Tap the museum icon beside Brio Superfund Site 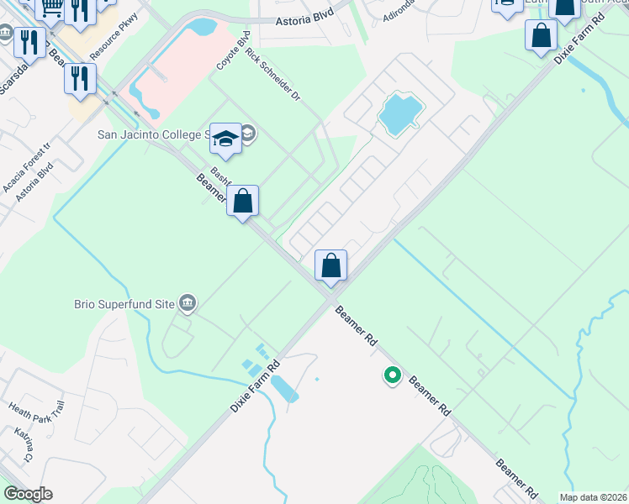click(x=188, y=302)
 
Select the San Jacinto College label click(x=152, y=134)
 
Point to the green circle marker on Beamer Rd click(x=392, y=375)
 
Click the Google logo click(x=28, y=494)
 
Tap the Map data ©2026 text click(x=594, y=497)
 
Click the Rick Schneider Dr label click(x=272, y=74)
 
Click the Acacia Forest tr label click(x=24, y=165)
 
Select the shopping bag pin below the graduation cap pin click(x=242, y=201)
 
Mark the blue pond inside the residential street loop click(x=399, y=114)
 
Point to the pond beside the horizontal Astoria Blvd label click(x=203, y=26)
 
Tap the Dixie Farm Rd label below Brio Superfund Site click(x=255, y=386)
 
